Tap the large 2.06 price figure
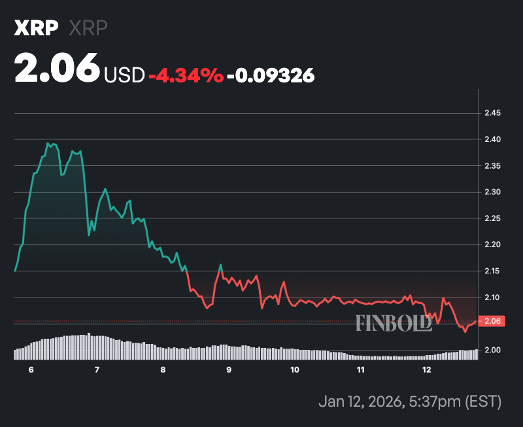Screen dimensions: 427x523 pyautogui.click(x=57, y=69)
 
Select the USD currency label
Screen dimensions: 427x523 pyautogui.click(x=124, y=75)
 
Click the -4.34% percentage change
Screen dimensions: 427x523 pyautogui.click(x=186, y=75)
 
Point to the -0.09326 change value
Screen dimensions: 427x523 pyautogui.click(x=271, y=75)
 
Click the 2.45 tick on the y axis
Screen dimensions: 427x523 pyautogui.click(x=492, y=113)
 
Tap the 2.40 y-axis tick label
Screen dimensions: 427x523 pyautogui.click(x=492, y=139)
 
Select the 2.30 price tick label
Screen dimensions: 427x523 pyautogui.click(x=492, y=192)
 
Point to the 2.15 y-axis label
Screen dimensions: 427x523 pyautogui.click(x=492, y=271)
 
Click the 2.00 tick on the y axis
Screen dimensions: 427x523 pyautogui.click(x=492, y=350)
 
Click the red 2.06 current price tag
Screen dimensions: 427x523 pyautogui.click(x=491, y=320)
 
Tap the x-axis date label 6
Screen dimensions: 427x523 pyautogui.click(x=30, y=370)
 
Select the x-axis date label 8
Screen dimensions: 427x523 pyautogui.click(x=163, y=370)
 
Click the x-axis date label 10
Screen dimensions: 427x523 pyautogui.click(x=295, y=370)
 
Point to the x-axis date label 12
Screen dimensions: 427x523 pyautogui.click(x=427, y=370)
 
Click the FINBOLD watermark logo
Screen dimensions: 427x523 pyautogui.click(x=394, y=322)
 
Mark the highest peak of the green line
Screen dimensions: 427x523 pyautogui.click(x=48, y=143)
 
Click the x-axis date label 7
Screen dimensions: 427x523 pyautogui.click(x=97, y=370)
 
